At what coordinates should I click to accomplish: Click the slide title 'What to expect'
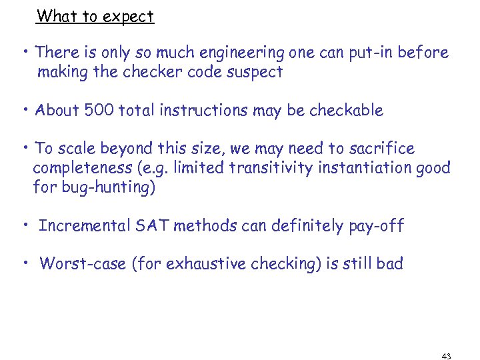(x=95, y=16)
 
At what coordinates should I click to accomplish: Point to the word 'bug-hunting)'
(x=109, y=187)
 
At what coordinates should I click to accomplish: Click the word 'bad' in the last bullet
(x=389, y=264)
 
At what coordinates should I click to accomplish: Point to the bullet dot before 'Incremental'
(x=25, y=224)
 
